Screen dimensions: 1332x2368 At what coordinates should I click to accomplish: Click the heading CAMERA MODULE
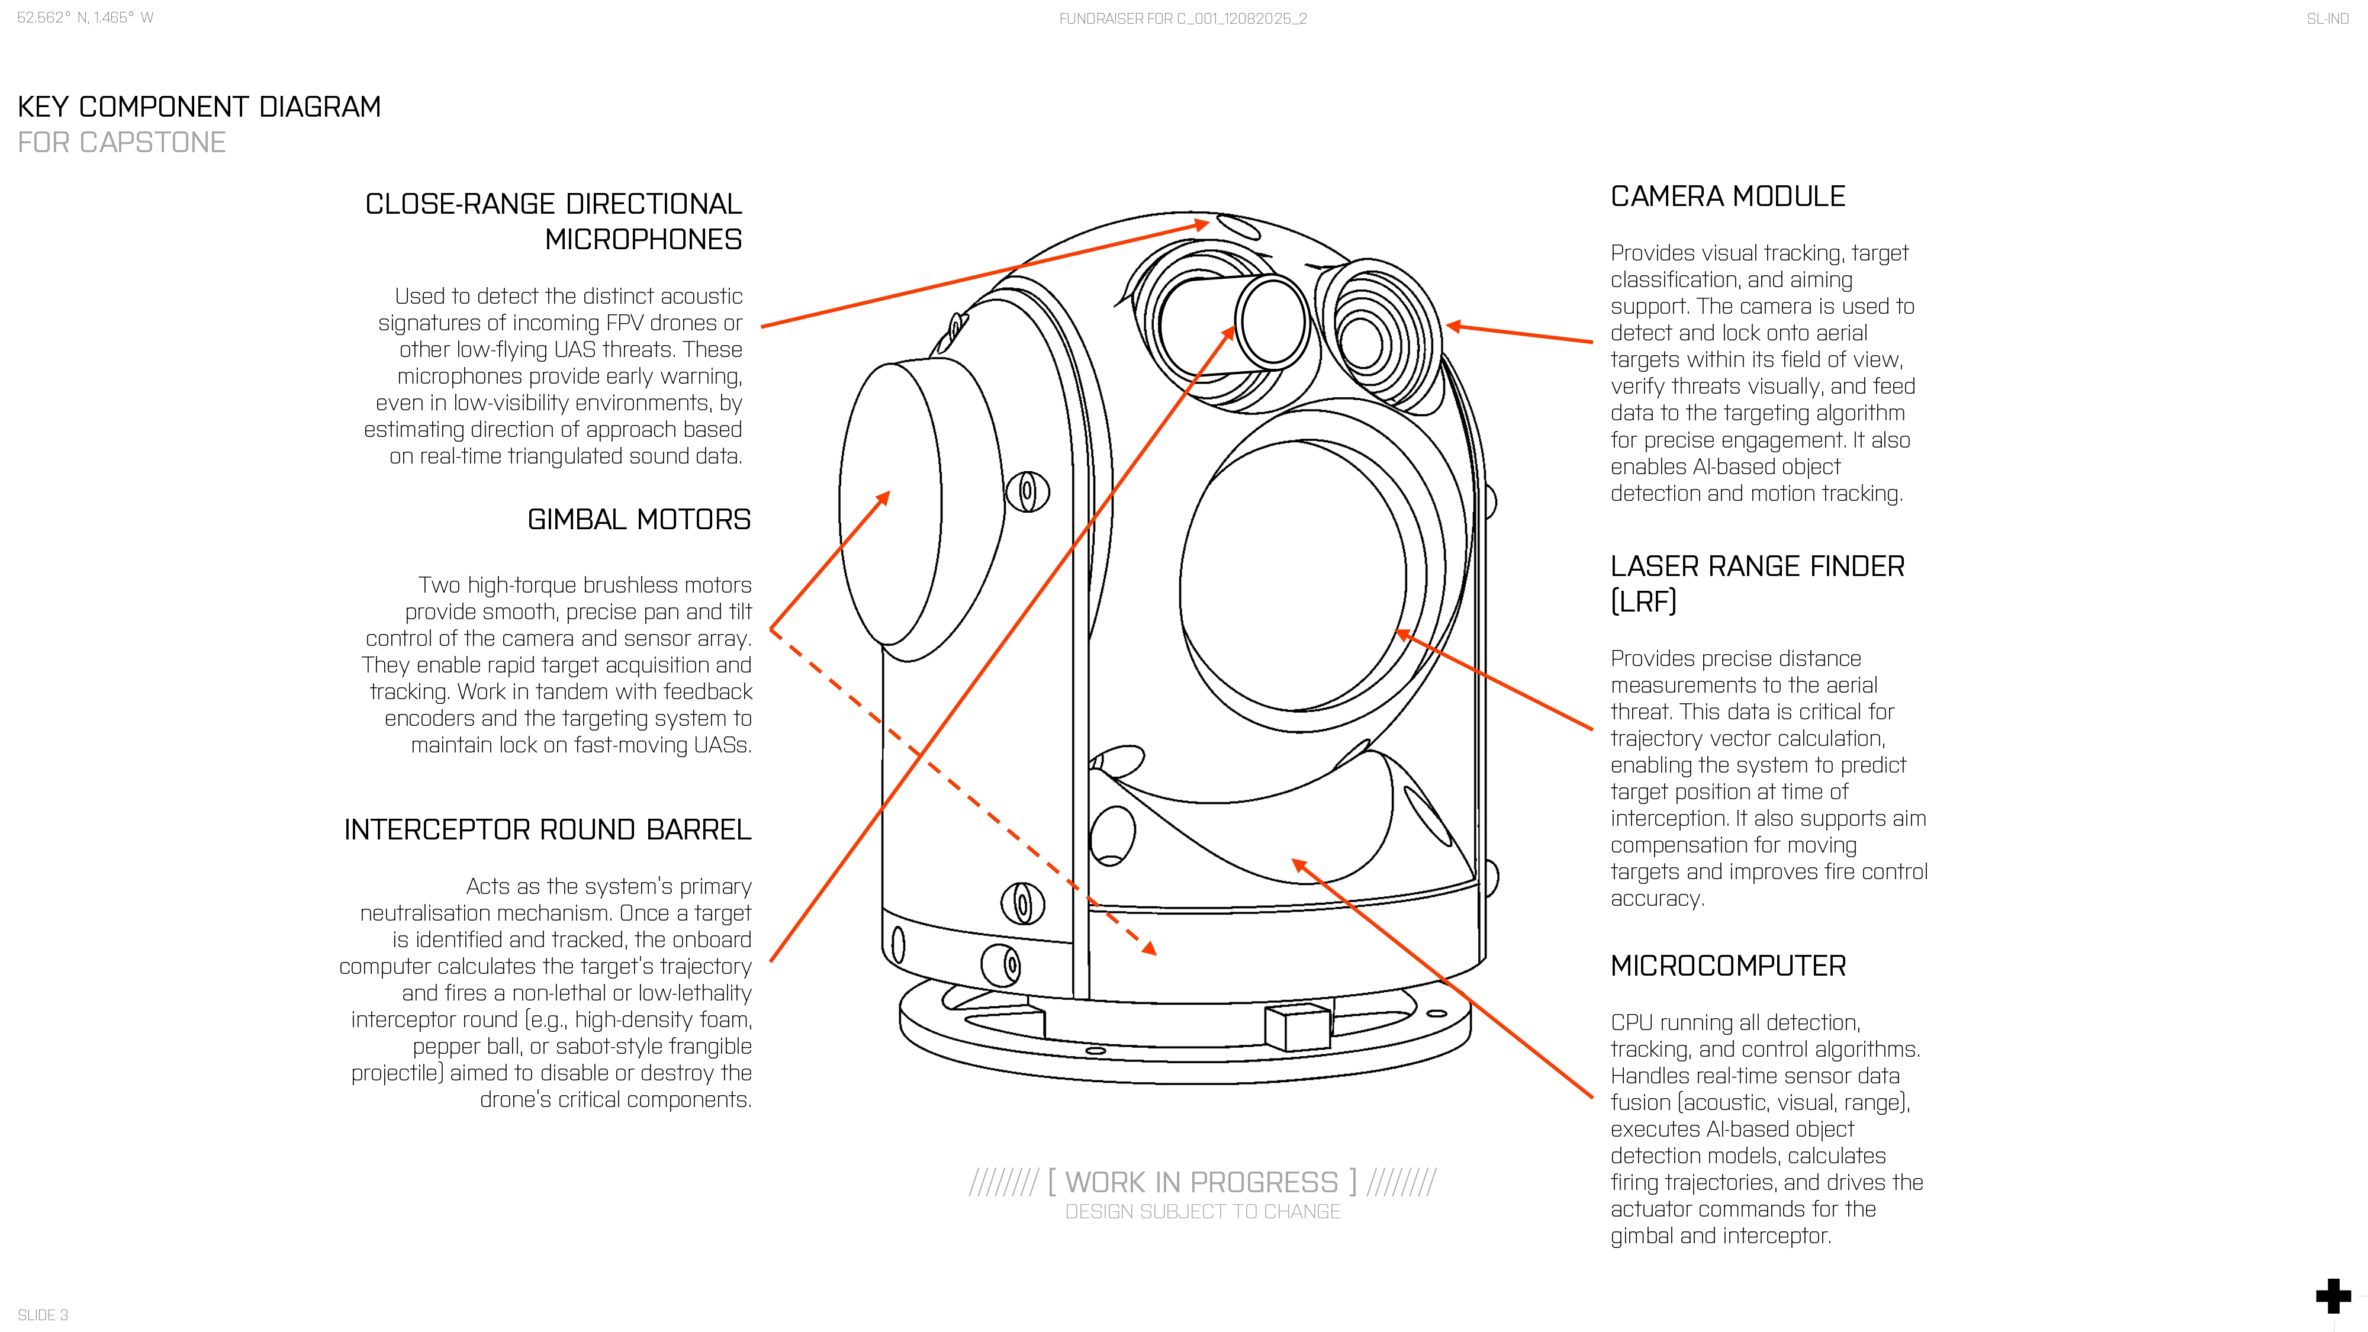point(1727,197)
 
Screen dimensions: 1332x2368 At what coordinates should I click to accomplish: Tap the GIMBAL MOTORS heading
point(639,520)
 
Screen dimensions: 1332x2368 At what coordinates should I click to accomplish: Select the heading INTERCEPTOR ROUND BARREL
point(547,830)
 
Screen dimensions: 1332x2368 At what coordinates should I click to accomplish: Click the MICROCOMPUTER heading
point(1727,966)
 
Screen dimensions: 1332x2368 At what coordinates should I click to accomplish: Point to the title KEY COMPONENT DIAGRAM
point(198,108)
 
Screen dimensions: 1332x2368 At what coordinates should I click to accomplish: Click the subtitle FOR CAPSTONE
point(121,143)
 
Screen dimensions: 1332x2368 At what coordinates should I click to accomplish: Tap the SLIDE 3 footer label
point(42,1314)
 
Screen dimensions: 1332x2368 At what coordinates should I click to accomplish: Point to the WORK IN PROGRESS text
point(1202,1182)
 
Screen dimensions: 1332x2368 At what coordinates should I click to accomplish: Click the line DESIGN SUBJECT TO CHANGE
point(1202,1212)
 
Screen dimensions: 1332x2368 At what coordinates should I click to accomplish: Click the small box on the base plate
point(1297,1026)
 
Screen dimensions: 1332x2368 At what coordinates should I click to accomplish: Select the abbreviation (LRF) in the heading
point(1643,602)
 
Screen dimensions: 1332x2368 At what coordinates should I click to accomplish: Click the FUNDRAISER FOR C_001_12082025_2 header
point(1182,18)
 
